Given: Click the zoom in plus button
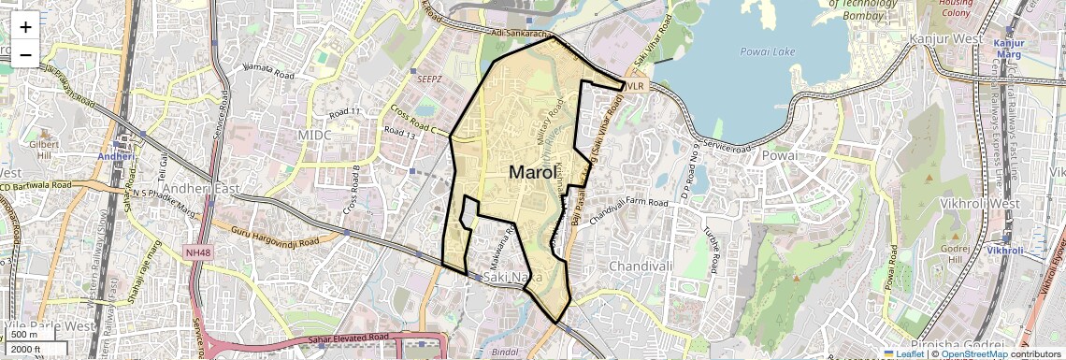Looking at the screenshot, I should pos(25,26).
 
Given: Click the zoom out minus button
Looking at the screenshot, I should pos(25,54).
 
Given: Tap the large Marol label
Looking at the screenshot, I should pos(535,173).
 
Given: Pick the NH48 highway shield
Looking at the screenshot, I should pos(198,252).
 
